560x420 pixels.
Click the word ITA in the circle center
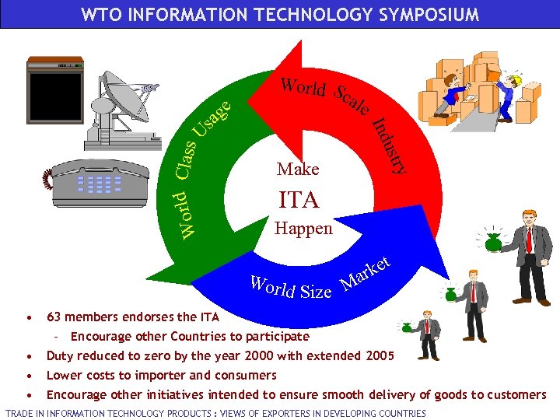tap(299, 200)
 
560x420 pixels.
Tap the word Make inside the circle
tap(298, 169)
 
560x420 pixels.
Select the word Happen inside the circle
tap(303, 229)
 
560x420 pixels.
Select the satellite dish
tap(132, 110)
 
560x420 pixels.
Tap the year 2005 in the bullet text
tap(380, 356)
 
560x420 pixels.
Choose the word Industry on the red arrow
tap(390, 145)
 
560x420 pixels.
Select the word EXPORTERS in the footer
tap(265, 413)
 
